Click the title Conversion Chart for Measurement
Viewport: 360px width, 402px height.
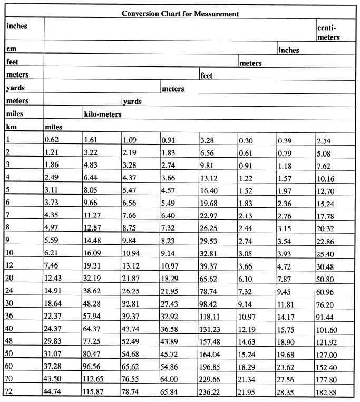pyautogui.click(x=180, y=13)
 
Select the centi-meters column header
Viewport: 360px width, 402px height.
pyautogui.click(x=328, y=32)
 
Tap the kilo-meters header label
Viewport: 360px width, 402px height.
pyautogui.click(x=103, y=114)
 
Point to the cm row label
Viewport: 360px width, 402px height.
pyautogui.click(x=11, y=49)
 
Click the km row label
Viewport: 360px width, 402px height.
pyautogui.click(x=11, y=127)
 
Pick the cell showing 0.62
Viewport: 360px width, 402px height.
pyautogui.click(x=51, y=140)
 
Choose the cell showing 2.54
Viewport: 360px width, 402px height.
pyautogui.click(x=324, y=140)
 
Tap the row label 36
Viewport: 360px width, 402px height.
pyautogui.click(x=9, y=315)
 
